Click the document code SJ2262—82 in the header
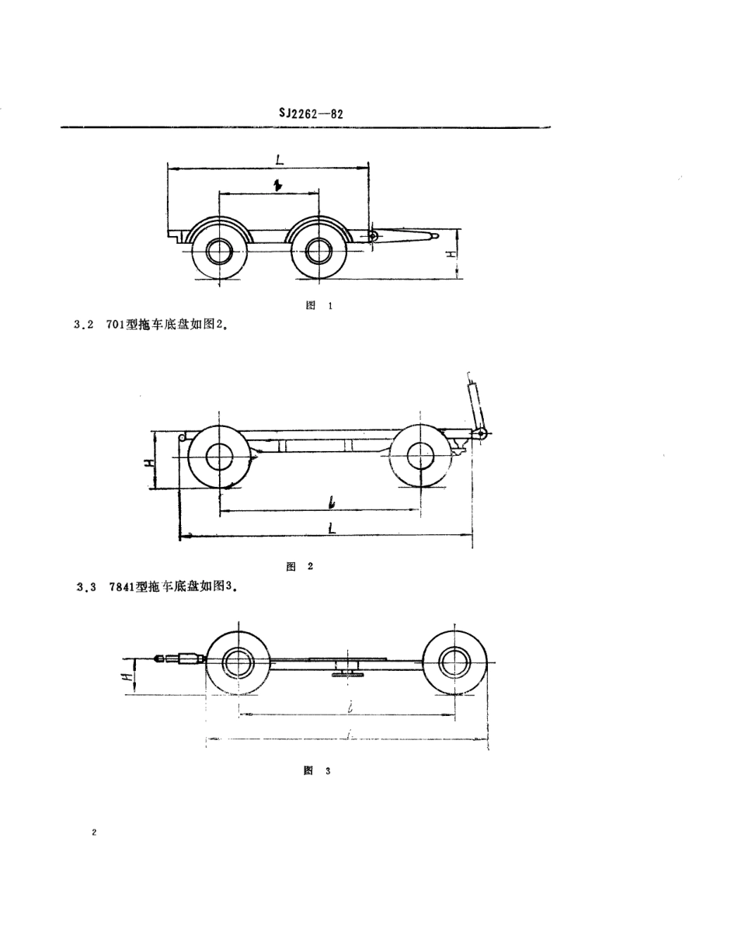tap(311, 113)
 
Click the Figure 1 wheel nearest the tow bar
tap(319, 250)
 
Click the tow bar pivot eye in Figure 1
tap(374, 235)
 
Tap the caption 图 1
tap(319, 306)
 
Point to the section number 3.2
tap(83, 326)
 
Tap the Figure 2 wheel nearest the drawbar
tap(420, 455)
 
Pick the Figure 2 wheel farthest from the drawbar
tap(218, 455)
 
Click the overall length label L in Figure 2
tap(332, 528)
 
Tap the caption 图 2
tap(299, 566)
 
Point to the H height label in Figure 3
tap(133, 672)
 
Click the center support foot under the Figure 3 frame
tap(344, 671)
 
